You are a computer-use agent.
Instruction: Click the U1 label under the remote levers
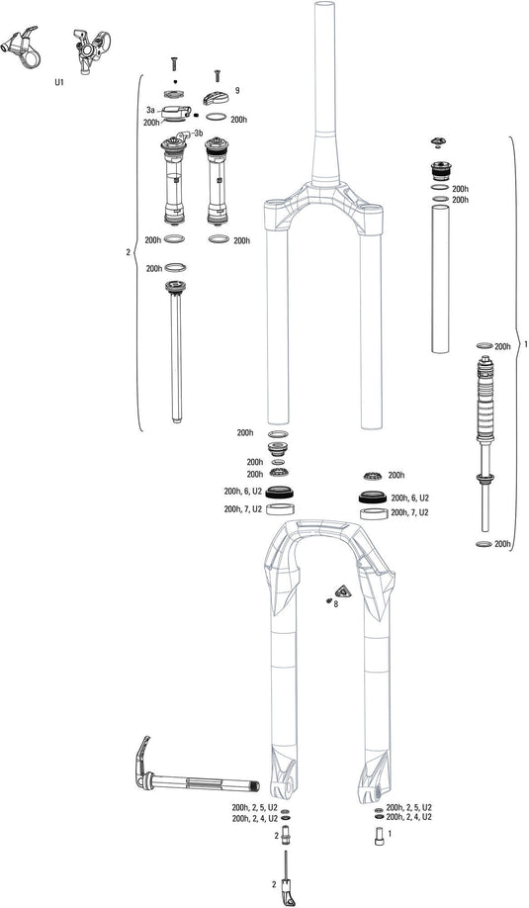(x=58, y=83)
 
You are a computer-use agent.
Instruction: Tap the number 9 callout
(x=237, y=90)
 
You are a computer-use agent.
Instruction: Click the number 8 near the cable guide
(x=336, y=602)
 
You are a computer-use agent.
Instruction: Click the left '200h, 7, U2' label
(x=243, y=508)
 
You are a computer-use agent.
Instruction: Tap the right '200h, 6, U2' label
(x=410, y=498)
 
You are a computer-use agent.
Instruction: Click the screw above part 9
(x=217, y=75)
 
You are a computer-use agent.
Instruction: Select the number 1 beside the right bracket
(x=524, y=345)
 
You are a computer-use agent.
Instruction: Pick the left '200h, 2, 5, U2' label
(x=255, y=807)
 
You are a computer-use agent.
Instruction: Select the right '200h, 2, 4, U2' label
(x=408, y=818)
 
